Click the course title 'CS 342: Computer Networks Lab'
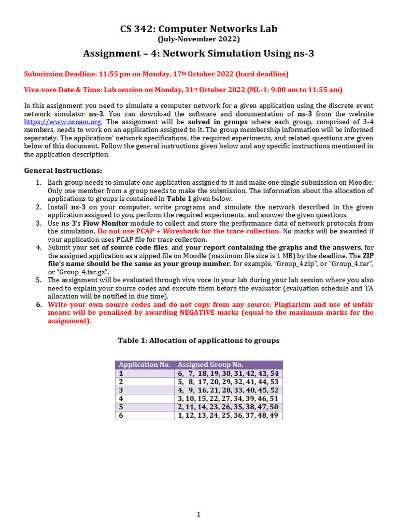[198, 28]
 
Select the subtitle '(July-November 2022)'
[198, 39]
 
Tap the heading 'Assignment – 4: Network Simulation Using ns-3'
[198, 53]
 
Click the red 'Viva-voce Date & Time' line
[183, 90]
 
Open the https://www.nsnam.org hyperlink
[63, 122]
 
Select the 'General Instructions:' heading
[63, 170]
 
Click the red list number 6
[38, 304]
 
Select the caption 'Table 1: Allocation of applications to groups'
[198, 340]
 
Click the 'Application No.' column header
[145, 364]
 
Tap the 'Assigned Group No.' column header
[210, 364]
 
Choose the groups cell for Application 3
[228, 390]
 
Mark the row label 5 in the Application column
[121, 407]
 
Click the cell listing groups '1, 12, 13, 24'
[228, 415]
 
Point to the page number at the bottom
[198, 514]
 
